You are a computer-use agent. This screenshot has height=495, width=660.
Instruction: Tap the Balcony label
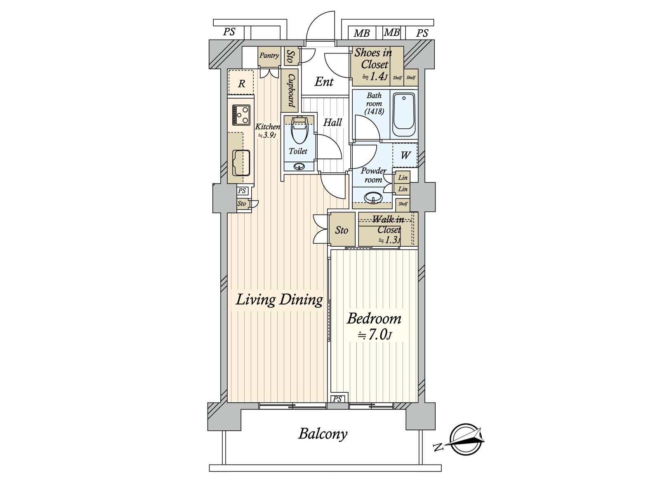click(323, 434)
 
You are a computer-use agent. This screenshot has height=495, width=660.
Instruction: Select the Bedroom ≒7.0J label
click(374, 326)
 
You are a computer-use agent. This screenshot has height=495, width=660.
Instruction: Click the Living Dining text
click(279, 299)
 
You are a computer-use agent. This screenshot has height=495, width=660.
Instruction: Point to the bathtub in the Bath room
click(403, 114)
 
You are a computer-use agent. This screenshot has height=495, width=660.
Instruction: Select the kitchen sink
click(241, 163)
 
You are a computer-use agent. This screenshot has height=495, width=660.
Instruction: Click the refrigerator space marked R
click(241, 84)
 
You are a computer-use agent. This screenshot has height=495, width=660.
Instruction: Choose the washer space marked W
click(405, 155)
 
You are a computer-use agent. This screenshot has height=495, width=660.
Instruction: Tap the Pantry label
click(269, 56)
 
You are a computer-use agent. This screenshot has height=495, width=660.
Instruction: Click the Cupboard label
click(291, 90)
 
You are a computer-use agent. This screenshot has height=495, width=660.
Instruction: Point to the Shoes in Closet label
click(374, 64)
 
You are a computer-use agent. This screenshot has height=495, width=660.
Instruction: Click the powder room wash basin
click(373, 197)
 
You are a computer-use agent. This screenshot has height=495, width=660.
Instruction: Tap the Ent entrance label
click(324, 82)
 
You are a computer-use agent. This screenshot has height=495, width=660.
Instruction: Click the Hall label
click(332, 123)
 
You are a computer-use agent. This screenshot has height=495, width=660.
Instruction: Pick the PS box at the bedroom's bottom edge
click(337, 399)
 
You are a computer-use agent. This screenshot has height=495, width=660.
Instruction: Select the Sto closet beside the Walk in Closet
click(342, 230)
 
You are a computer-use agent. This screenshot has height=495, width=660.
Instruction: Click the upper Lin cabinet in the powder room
click(403, 177)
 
